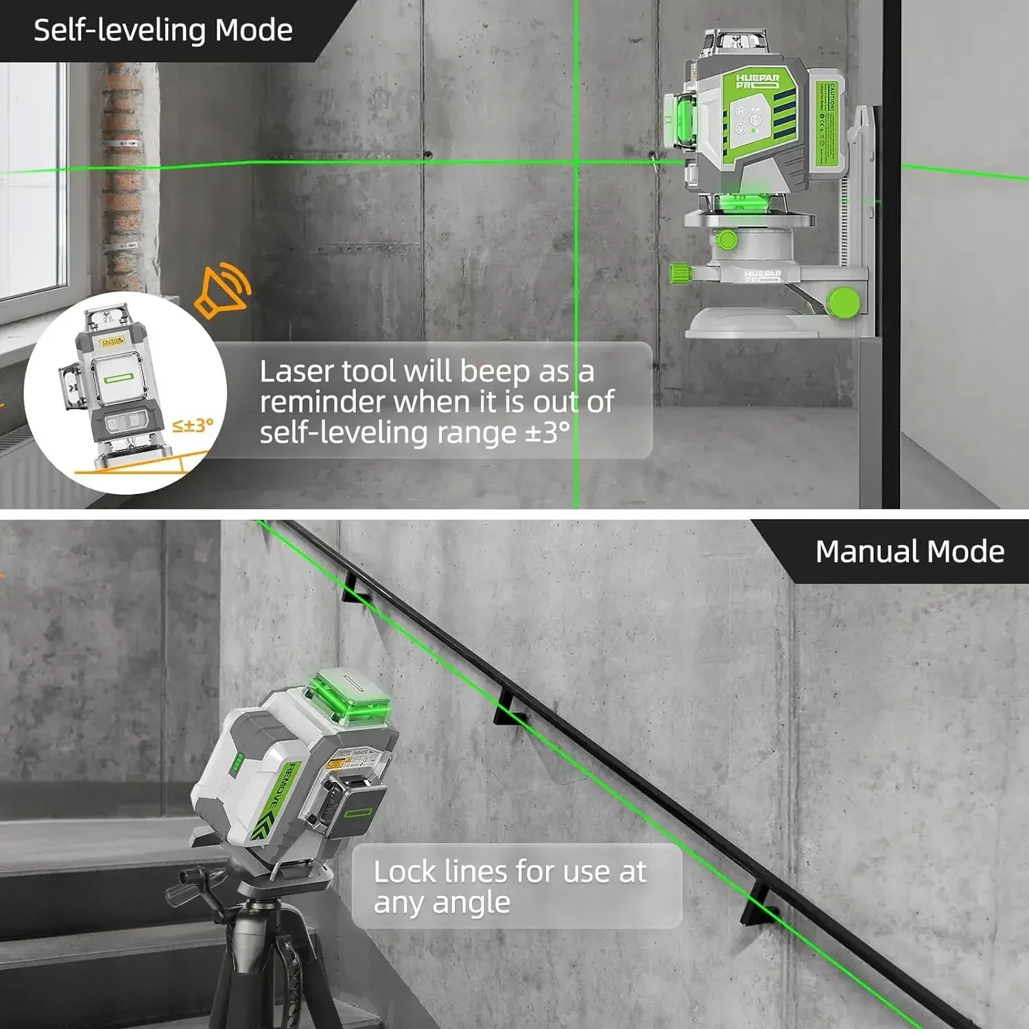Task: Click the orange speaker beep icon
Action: coord(222,291)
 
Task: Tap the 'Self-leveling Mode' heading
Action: coord(163,30)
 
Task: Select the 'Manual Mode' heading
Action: coord(909,552)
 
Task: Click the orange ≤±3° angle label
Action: coord(192,425)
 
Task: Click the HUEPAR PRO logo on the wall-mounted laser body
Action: coord(757,81)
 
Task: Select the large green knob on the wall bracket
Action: coord(842,302)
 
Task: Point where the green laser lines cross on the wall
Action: coord(576,162)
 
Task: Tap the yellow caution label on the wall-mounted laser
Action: coord(829,123)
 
